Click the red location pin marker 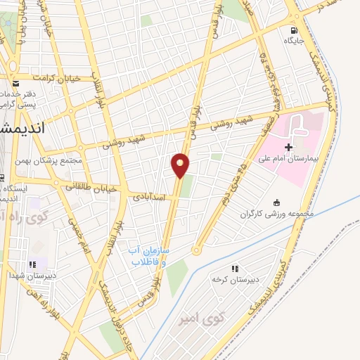tap(181, 165)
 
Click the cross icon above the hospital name tap(289, 147)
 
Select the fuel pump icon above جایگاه tap(294, 30)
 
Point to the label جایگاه tap(293, 41)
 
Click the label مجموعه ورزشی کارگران tap(276, 214)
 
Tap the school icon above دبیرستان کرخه tap(235, 269)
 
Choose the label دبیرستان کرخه tap(236, 280)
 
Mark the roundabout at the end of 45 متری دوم tap(197, 250)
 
